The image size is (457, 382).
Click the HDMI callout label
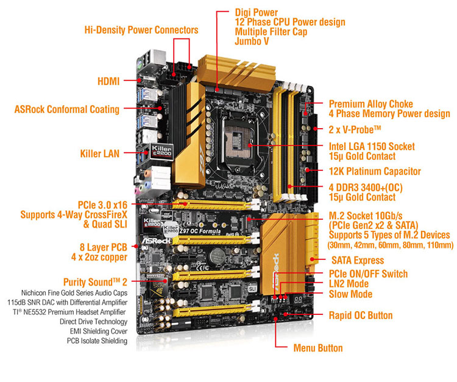click(108, 81)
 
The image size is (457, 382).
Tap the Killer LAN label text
click(100, 154)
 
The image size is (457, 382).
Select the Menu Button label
click(318, 348)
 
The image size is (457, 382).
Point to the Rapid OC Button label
click(361, 315)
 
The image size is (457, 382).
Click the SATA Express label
click(358, 261)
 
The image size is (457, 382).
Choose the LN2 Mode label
click(349, 284)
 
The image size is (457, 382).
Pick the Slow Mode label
click(350, 294)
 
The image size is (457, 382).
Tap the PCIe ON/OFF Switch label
click(368, 274)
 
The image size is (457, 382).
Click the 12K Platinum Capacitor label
click(375, 171)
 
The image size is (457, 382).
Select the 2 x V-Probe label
click(355, 129)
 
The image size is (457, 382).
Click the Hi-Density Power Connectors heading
click(141, 30)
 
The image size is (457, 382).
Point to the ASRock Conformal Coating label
click(67, 109)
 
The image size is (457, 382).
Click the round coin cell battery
click(216, 256)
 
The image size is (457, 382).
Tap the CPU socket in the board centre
click(238, 143)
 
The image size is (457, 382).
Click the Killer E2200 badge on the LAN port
click(161, 151)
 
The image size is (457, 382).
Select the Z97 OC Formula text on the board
click(200, 231)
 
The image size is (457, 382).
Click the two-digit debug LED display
click(298, 300)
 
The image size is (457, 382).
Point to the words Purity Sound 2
click(95, 282)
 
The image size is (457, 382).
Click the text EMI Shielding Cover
click(99, 331)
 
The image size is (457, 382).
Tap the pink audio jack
click(136, 191)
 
